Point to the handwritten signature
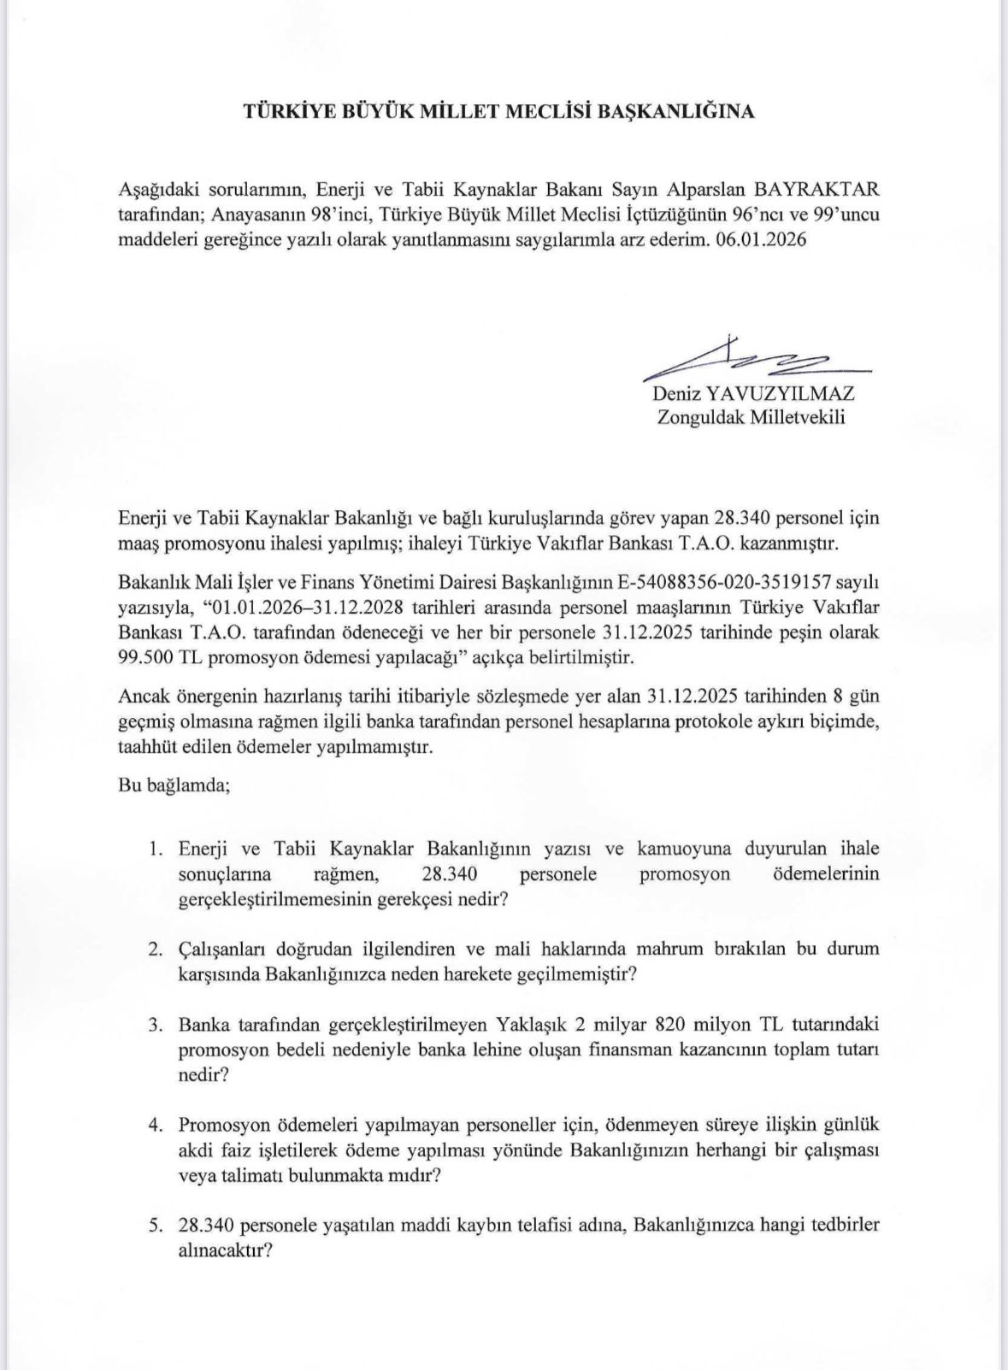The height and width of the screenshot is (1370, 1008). [752, 360]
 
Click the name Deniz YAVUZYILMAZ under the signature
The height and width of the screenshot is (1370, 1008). [753, 394]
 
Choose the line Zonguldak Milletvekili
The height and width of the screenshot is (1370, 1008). [751, 418]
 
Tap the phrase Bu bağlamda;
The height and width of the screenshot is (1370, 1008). [174, 785]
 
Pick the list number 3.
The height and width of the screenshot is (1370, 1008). [155, 1024]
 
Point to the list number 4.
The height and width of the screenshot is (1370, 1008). [155, 1125]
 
